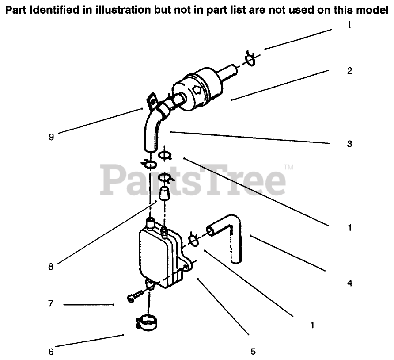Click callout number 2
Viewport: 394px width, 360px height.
(x=349, y=71)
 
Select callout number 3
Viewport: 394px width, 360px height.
(x=349, y=144)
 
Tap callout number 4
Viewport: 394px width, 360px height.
(x=349, y=283)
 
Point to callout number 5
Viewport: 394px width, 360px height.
(x=253, y=352)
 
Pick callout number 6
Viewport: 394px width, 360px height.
(x=51, y=352)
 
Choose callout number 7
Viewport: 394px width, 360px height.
(x=51, y=304)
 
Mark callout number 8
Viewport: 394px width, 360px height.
(x=51, y=267)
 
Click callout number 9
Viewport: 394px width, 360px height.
(x=51, y=137)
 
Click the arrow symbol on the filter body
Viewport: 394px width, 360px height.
(x=197, y=90)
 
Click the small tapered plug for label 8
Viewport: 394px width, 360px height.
(x=165, y=193)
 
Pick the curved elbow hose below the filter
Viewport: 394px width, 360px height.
(x=151, y=130)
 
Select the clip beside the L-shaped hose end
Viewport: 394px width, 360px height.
(x=193, y=239)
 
